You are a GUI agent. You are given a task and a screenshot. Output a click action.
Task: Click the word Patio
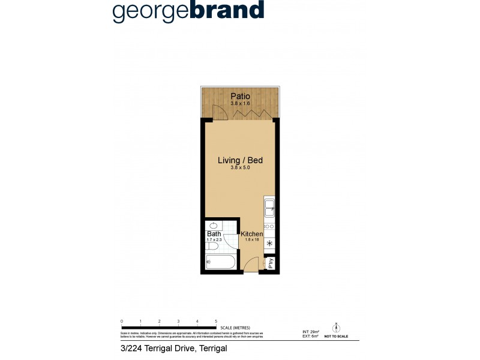240,96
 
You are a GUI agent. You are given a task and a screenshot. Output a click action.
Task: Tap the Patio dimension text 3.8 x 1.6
240,104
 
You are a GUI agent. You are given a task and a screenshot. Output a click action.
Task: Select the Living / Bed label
240,160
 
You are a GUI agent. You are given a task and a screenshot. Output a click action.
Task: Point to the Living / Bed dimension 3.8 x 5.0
240,169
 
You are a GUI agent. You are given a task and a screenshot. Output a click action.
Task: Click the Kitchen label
252,233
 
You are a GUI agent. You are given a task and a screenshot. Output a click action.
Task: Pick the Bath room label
214,233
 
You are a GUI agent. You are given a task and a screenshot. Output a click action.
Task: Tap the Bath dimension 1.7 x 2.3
214,239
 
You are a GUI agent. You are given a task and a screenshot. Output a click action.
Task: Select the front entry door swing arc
251,264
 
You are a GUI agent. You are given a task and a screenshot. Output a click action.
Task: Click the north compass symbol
337,327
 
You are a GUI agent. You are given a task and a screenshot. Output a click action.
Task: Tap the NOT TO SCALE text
337,337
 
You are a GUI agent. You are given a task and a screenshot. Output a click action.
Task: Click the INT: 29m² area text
310,331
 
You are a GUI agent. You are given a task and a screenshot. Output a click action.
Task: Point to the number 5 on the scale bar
216,322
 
